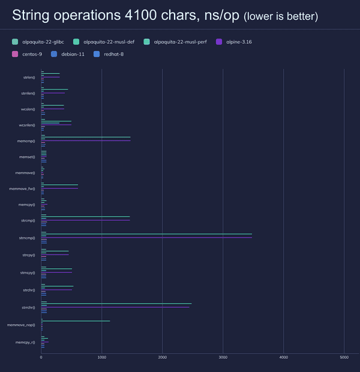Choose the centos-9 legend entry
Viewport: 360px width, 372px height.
pyautogui.click(x=33, y=55)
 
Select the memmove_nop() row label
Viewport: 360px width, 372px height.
pyautogui.click(x=21, y=325)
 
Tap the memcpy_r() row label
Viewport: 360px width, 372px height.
pyautogui.click(x=25, y=342)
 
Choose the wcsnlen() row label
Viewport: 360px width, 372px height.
pyautogui.click(x=27, y=125)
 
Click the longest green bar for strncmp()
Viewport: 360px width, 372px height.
pyautogui.click(x=147, y=234)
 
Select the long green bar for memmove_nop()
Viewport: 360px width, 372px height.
pyautogui.click(x=76, y=321)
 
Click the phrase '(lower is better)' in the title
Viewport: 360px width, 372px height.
pyautogui.click(x=281, y=16)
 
